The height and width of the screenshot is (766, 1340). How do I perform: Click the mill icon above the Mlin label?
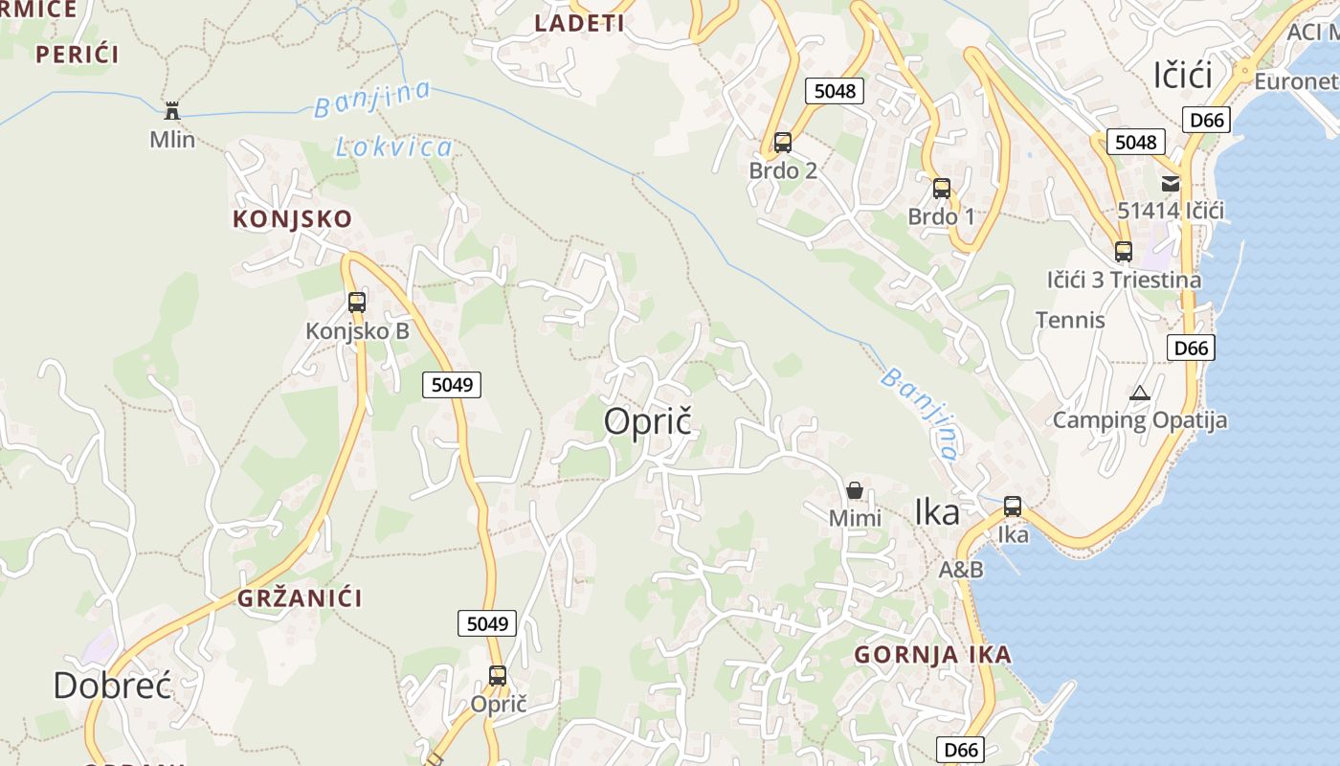click(x=172, y=110)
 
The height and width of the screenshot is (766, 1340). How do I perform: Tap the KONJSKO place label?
click(x=292, y=218)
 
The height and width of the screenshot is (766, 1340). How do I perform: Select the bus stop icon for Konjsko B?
click(x=357, y=303)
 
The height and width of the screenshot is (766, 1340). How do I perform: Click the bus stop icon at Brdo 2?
click(x=783, y=144)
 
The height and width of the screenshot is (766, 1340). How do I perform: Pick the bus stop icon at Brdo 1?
click(x=942, y=189)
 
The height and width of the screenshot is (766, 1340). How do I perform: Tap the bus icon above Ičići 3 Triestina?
click(x=1124, y=252)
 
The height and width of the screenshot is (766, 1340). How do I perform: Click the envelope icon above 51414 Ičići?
click(x=1171, y=184)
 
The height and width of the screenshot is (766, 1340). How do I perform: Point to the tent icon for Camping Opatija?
click(x=1139, y=393)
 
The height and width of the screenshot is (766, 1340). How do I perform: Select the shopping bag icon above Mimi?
click(x=855, y=491)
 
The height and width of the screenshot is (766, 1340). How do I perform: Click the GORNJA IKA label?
click(x=932, y=655)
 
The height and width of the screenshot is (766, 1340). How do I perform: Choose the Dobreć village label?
click(x=112, y=686)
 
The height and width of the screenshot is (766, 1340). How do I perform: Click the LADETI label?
click(x=579, y=24)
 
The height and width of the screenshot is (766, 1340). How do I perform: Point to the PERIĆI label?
click(x=78, y=55)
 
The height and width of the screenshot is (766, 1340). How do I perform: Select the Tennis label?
click(x=1070, y=320)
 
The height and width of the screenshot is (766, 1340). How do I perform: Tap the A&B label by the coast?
click(x=960, y=570)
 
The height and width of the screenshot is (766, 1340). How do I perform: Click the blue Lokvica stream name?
click(x=393, y=146)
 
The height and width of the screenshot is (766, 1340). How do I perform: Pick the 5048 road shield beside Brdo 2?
click(x=834, y=91)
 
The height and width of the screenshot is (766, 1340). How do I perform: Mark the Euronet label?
click(x=1296, y=81)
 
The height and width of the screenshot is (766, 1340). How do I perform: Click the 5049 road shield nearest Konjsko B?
click(x=452, y=385)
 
